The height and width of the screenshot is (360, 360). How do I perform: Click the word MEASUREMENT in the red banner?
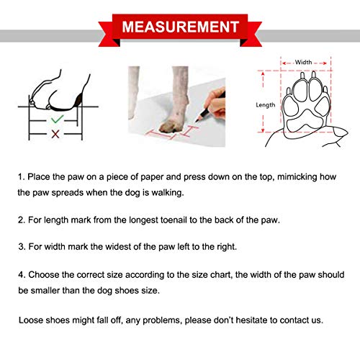[x=180, y=27]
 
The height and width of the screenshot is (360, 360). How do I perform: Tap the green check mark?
[x=58, y=119]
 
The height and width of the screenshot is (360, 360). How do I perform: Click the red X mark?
[x=55, y=134]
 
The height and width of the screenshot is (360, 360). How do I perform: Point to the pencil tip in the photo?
[x=197, y=121]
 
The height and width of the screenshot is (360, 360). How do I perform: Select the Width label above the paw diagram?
[x=303, y=62]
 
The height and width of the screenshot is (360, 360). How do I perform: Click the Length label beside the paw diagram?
[x=265, y=105]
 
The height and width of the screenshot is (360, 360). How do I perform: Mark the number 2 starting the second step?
[x=21, y=220]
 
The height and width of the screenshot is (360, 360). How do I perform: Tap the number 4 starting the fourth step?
[x=21, y=275]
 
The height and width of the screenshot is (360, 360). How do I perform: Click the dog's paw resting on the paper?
[x=170, y=126]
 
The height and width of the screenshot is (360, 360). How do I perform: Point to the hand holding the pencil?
[x=215, y=103]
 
